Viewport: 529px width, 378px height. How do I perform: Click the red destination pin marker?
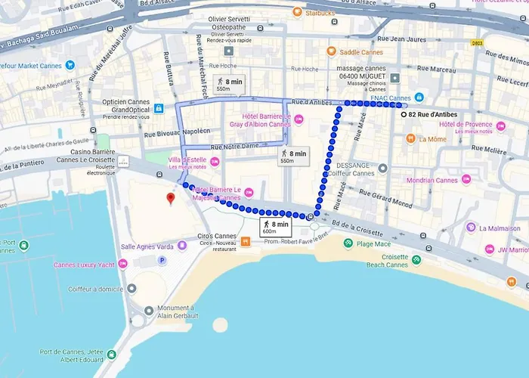[x=170, y=199]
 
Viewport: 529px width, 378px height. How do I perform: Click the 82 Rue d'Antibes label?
[x=434, y=115]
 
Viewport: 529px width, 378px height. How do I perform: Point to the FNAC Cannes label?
[x=390, y=98]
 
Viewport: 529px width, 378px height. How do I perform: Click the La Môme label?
[x=432, y=139]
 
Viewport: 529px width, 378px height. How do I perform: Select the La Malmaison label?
[x=500, y=228]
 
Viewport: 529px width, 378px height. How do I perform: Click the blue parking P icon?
[x=161, y=260]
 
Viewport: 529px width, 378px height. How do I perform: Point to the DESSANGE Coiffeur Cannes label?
[x=351, y=168]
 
